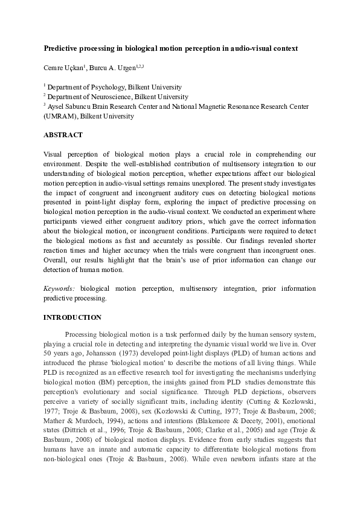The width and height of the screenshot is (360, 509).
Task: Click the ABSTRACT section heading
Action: click(63, 135)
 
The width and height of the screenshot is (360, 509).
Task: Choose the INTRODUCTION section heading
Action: click(72, 317)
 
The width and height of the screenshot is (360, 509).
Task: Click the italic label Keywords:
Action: click(60, 288)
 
